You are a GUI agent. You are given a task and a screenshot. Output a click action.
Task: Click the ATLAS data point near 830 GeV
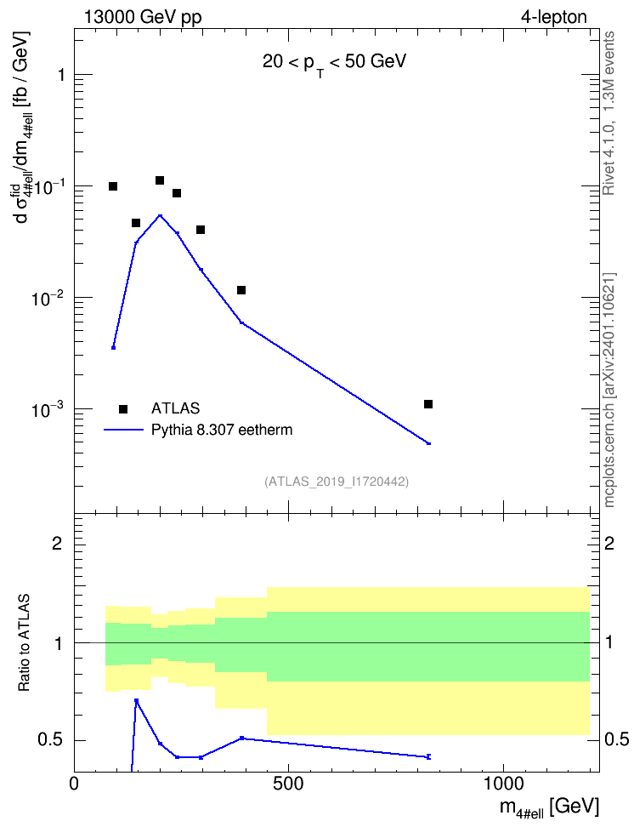point(428,404)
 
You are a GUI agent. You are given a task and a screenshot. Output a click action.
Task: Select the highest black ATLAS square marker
point(160,180)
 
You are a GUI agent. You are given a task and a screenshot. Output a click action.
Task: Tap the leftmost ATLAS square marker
point(113,186)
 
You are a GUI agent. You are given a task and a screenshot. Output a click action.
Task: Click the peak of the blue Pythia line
point(160,215)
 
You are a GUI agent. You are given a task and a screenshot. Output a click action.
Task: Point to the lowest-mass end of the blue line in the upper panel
point(113,348)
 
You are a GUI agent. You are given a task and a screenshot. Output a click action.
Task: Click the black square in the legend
point(123,408)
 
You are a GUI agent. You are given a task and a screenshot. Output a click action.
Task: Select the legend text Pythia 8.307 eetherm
point(222,430)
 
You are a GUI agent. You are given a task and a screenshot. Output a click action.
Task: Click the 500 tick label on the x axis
point(288,784)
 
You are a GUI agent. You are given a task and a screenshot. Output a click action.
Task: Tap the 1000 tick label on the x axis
point(503,784)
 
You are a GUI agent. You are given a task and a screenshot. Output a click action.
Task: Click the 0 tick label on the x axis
point(74,784)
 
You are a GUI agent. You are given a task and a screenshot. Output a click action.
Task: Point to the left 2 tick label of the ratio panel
point(57,543)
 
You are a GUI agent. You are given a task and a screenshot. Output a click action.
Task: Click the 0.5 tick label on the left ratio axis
point(51,740)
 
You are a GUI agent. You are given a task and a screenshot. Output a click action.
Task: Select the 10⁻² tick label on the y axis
point(48,297)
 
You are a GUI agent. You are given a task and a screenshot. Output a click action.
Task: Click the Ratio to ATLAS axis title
point(24,642)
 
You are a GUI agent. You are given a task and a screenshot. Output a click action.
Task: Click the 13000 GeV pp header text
point(143,17)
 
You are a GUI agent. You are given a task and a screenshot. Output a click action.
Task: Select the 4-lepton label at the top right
point(554,17)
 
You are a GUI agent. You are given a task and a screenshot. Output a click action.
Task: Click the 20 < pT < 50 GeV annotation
point(335,63)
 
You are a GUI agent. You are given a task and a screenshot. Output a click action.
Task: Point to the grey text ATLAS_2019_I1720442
point(337,481)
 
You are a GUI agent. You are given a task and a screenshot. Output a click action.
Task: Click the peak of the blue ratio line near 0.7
point(136,701)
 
